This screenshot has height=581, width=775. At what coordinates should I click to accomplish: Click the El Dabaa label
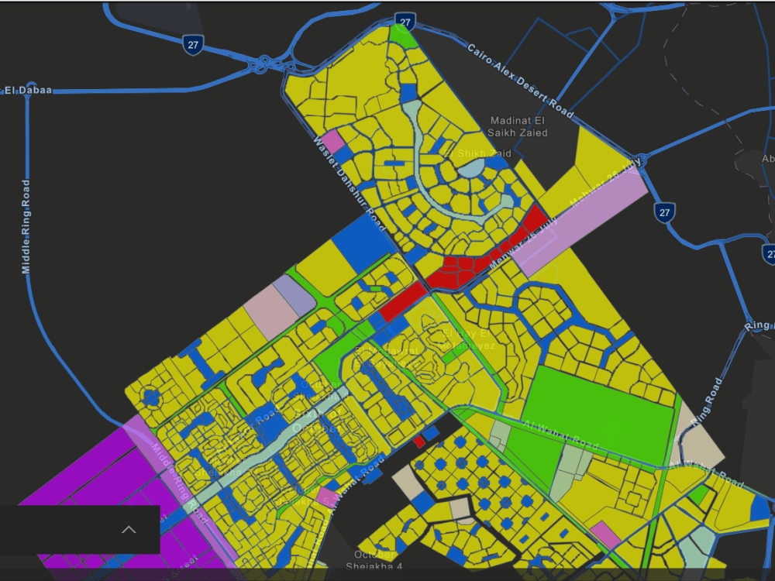tap(28, 91)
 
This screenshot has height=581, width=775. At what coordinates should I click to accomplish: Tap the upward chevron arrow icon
tap(129, 530)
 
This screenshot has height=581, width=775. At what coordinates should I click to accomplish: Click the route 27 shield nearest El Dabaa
tap(193, 45)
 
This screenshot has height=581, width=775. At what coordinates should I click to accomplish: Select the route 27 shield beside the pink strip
tap(663, 211)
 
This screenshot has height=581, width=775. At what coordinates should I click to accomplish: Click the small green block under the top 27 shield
tap(402, 33)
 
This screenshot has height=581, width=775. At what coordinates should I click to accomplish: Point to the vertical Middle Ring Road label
tap(26, 226)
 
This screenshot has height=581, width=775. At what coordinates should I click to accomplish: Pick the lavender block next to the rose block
tap(294, 294)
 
